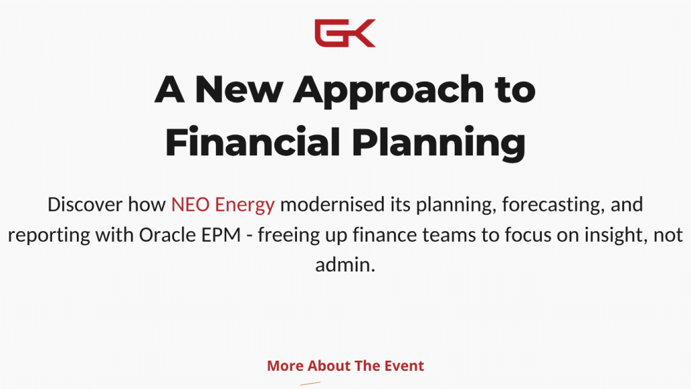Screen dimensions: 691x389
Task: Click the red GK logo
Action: coord(345,33)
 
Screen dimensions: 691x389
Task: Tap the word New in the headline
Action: coord(239,90)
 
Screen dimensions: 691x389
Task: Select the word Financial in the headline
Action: coord(252,142)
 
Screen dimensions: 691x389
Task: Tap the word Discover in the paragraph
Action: coord(85,205)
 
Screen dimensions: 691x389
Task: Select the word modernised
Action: coord(332,205)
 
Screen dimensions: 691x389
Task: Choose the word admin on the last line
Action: coord(345,265)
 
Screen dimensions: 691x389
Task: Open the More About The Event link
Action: coord(345,365)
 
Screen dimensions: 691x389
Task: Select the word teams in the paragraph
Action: coord(449,235)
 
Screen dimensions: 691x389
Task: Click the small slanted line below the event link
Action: coord(310,384)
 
